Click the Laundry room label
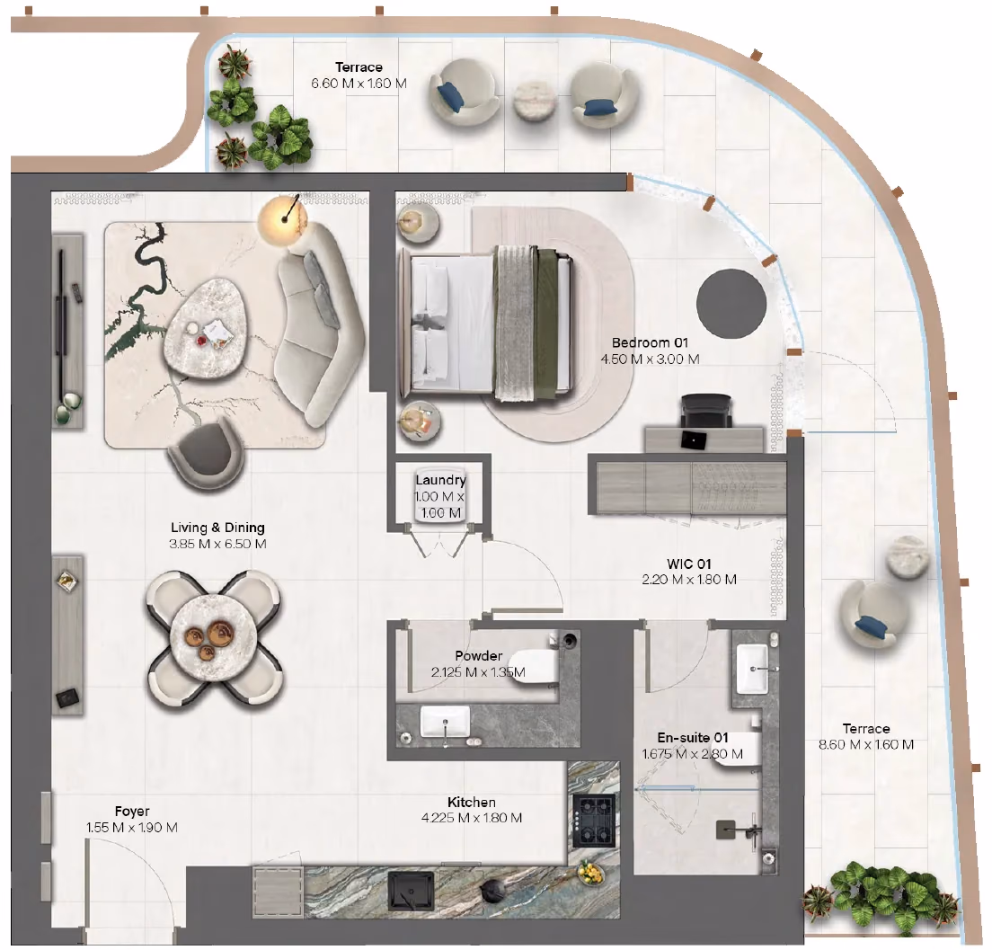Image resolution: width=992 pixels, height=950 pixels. pos(440,480)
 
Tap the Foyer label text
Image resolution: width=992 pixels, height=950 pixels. pos(132,811)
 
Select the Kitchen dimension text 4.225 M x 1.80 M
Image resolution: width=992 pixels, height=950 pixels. pos(472,818)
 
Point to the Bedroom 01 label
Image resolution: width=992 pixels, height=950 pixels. pos(650,342)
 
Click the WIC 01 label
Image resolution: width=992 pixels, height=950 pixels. pos(689,564)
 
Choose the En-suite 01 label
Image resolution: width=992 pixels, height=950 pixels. pos(693,737)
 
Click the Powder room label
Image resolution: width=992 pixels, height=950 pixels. pos(478,656)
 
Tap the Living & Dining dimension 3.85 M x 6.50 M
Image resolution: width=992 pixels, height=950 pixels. pos(217,544)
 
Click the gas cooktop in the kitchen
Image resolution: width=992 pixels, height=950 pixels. pos(594,821)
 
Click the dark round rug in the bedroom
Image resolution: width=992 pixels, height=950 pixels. pos(731,303)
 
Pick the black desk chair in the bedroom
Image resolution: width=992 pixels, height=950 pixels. pos(706,410)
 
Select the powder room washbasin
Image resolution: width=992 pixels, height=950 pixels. pos(446,722)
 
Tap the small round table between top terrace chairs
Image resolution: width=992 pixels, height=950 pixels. pos(534,100)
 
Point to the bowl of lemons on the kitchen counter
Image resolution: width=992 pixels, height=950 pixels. pos(591,874)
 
